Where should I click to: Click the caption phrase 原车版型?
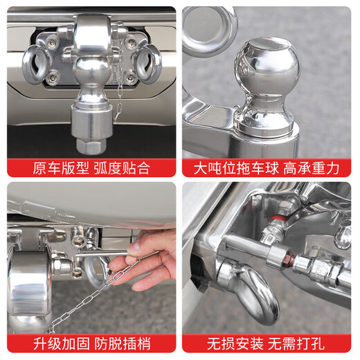tap(57, 167)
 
